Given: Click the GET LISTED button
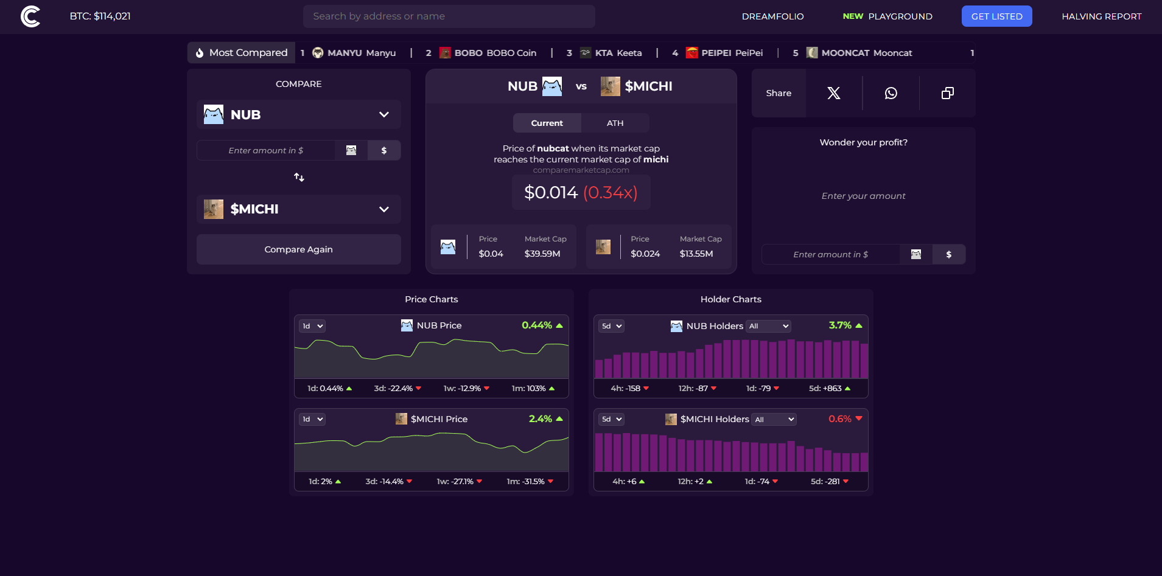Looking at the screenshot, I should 996,16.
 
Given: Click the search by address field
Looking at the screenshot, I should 449,16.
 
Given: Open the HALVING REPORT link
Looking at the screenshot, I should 1101,16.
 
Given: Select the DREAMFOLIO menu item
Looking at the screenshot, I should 772,16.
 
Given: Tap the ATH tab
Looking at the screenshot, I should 615,123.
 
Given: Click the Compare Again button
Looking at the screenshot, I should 298,249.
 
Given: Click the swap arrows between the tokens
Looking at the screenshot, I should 299,177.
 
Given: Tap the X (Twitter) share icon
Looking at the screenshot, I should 833,93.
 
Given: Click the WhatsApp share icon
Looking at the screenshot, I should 891,93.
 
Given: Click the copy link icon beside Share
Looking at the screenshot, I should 947,93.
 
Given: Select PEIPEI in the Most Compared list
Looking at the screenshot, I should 724,53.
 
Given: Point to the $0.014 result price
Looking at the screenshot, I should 551,193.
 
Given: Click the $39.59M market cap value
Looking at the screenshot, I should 542,254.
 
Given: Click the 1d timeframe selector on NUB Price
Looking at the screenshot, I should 312,326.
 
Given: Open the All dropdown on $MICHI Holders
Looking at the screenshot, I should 774,420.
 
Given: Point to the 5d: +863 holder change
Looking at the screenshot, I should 829,388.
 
